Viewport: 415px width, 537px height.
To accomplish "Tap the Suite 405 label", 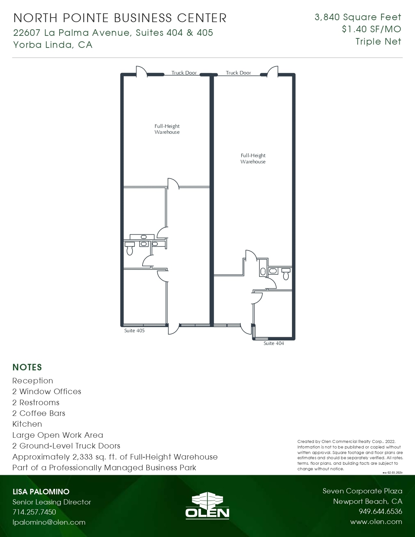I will [134, 331].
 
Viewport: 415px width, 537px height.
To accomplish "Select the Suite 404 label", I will [274, 343].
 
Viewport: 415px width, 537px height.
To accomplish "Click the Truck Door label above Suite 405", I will [184, 73].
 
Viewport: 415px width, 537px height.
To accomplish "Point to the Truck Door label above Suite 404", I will [239, 73].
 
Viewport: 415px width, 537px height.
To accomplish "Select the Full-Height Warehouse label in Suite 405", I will [167, 129].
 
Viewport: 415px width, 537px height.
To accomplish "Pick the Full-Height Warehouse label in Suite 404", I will [253, 158].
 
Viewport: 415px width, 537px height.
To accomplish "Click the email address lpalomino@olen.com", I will [49, 522].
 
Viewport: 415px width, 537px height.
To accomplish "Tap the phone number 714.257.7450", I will [34, 512].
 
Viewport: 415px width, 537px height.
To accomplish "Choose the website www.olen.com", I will [376, 522].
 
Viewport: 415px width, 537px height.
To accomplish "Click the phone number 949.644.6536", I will [380, 512].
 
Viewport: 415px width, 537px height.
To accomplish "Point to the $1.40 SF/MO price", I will [371, 29].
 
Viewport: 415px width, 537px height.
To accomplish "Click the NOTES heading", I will [27, 367].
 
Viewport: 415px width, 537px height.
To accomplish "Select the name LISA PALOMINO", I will [41, 492].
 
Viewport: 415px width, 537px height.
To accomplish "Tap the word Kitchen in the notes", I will [27, 424].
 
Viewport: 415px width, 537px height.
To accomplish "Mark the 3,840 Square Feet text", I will [358, 17].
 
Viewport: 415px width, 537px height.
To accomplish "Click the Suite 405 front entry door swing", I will [173, 329].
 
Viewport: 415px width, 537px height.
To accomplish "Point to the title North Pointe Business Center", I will [120, 18].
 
